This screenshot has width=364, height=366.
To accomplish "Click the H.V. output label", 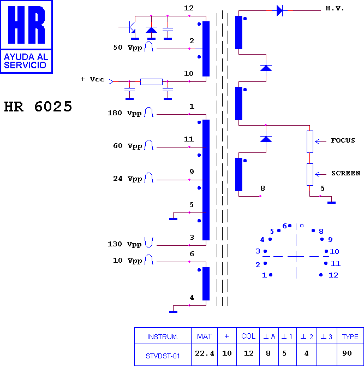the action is point(335,9).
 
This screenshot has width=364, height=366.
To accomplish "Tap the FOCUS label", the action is point(343,140).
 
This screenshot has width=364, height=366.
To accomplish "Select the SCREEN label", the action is point(346,173).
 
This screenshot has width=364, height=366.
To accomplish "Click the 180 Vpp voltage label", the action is point(124,113).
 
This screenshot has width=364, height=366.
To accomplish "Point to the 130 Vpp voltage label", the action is point(124,244).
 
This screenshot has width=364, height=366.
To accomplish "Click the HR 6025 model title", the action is point(38,107).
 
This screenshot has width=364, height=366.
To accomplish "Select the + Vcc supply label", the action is point(93,79).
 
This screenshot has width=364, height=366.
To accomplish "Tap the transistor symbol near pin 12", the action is point(130,27).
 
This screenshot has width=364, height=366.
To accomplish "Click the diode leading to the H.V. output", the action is point(279,10).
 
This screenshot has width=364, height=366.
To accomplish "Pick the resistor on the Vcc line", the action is point(151,82).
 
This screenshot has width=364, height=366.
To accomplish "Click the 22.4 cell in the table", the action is point(205,353).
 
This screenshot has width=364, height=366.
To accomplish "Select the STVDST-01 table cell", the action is point(163,356).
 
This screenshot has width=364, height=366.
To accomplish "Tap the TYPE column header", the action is point(350,337).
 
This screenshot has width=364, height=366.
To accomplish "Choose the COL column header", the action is point(248,336).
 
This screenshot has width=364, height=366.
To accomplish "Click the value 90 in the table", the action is point(347,353).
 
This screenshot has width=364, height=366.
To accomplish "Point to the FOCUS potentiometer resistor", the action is point(309,141).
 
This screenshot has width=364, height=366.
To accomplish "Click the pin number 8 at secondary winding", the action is point(262,188).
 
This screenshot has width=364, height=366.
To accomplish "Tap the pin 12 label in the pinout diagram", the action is point(333,275).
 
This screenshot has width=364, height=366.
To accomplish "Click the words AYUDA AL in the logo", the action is point(26,57).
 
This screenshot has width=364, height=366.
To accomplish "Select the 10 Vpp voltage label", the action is point(127,261).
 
